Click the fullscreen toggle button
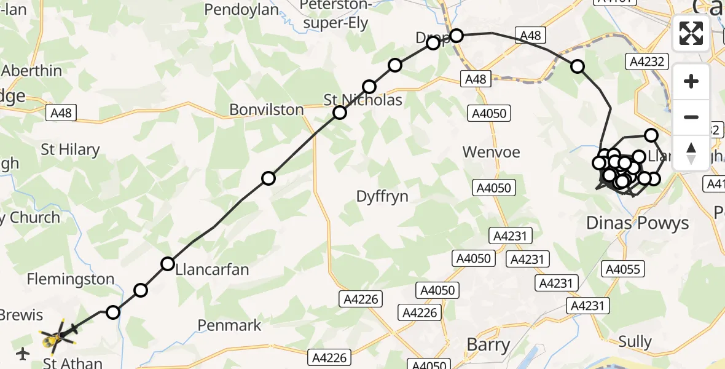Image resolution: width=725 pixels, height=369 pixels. coord(691,33)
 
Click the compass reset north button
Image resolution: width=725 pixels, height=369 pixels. coord(691,153)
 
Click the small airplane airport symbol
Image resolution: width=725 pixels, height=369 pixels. coord(23,354)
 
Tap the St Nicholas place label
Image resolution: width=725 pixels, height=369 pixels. coord(363,100)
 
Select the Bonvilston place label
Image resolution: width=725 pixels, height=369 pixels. coord(267,109)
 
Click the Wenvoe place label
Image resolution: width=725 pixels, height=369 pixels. coord(492,151)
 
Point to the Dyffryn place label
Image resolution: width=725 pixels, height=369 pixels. coord(382,196)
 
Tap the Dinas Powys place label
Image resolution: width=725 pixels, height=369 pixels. coord(638,223)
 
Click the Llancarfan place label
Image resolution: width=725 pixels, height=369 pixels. coord(213,269)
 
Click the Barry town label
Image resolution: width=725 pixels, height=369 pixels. coord(488,344)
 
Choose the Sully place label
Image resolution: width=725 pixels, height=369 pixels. coord(635,341)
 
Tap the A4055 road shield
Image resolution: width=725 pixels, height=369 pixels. coord(622,269)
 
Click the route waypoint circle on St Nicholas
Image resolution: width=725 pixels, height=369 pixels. coord(340,113)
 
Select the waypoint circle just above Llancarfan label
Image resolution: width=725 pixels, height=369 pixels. coord(168,264)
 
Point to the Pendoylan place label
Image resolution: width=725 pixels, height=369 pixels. coord(241,10)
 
